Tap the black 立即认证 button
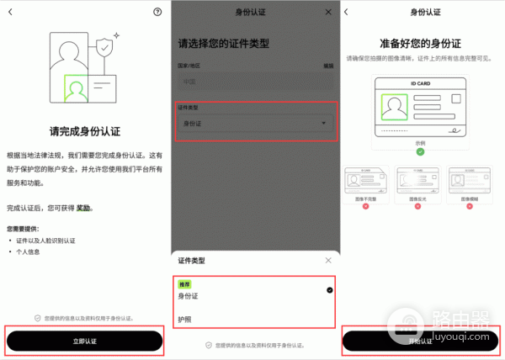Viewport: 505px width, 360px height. point(84,340)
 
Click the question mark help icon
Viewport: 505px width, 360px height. point(157,12)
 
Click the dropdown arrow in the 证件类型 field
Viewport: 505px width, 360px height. point(323,124)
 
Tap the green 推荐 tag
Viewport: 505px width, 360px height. point(185,285)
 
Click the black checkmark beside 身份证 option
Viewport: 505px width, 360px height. point(329,289)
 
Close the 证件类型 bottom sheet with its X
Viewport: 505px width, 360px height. point(328,261)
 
